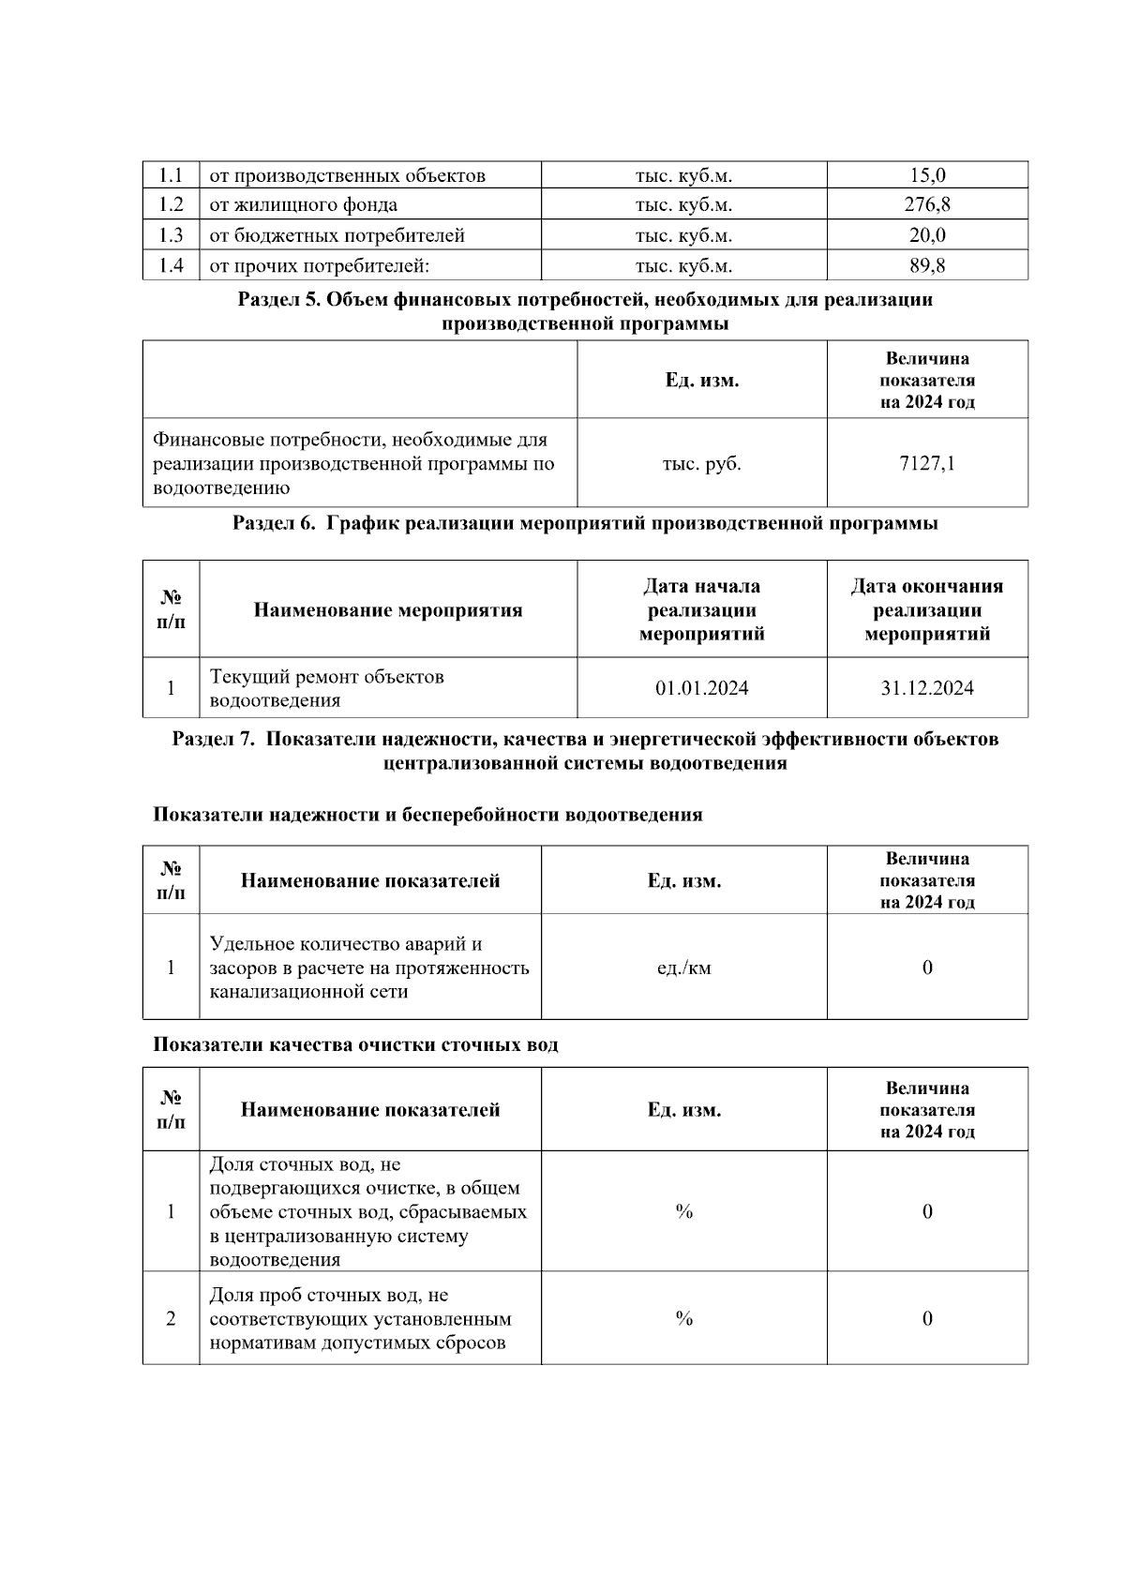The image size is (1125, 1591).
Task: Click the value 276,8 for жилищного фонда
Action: click(926, 204)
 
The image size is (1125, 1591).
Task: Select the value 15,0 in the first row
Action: click(926, 174)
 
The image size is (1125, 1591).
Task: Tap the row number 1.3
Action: click(171, 235)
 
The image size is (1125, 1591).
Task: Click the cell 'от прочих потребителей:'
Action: click(319, 265)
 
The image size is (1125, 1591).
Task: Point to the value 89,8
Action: click(926, 265)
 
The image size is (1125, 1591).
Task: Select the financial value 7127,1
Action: click(926, 463)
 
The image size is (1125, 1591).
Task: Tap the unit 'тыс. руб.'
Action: click(701, 463)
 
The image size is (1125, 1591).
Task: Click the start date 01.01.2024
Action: click(701, 688)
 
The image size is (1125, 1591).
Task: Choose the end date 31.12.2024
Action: click(926, 688)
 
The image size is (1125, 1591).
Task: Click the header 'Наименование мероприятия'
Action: click(388, 610)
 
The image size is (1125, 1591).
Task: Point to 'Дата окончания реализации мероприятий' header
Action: click(926, 610)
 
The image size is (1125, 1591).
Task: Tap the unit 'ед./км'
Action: click(683, 968)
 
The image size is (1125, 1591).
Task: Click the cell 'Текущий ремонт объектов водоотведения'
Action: click(326, 688)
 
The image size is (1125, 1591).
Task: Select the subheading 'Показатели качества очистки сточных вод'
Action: click(355, 1044)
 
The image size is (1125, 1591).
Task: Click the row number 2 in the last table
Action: click(171, 1318)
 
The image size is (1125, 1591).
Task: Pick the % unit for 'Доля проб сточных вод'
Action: click(683, 1318)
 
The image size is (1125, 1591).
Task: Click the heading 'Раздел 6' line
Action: click(585, 523)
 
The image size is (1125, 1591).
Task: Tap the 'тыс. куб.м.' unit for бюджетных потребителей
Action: click(683, 235)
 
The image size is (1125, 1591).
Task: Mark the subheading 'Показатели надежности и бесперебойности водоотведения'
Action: click(427, 815)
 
